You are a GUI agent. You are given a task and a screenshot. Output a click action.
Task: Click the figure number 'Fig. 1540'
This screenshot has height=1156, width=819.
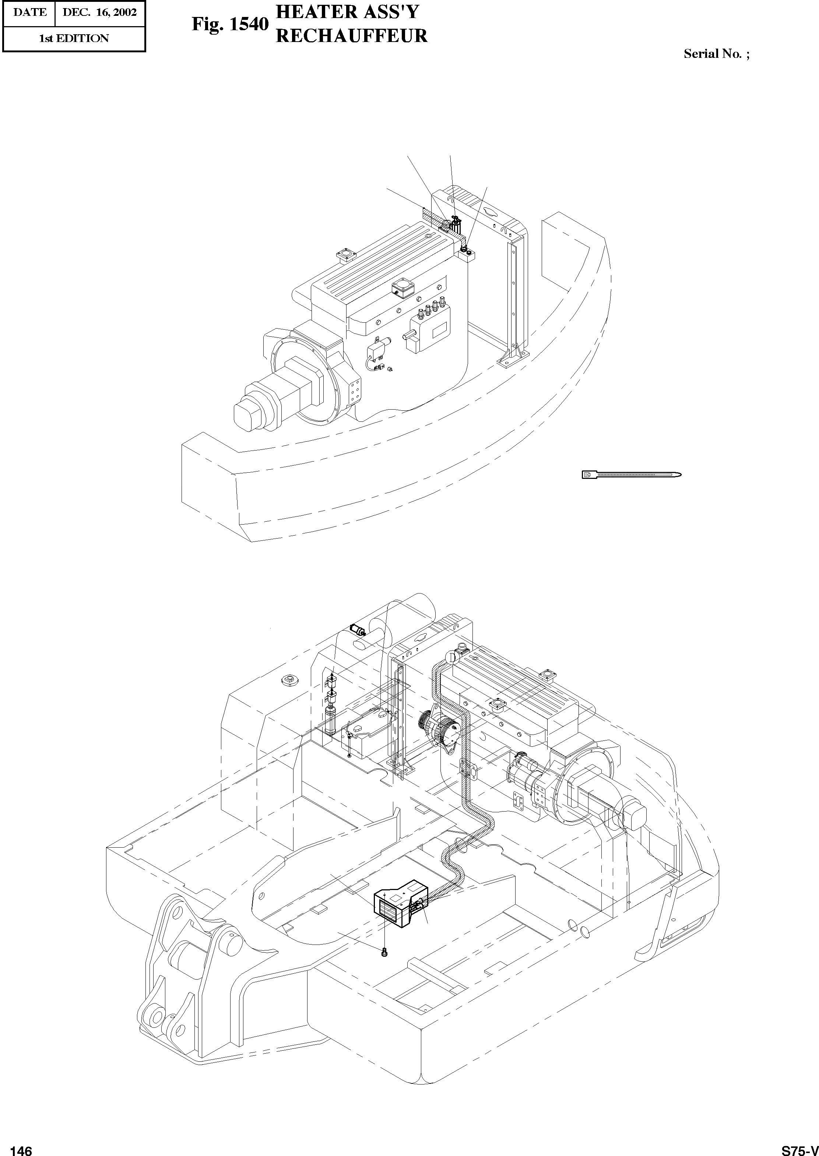[229, 24]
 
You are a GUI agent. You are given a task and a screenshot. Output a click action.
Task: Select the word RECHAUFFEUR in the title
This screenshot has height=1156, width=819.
[352, 35]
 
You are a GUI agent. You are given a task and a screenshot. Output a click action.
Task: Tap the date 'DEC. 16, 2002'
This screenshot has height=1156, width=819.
[99, 13]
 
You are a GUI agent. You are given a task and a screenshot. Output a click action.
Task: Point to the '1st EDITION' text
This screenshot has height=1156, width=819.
[74, 39]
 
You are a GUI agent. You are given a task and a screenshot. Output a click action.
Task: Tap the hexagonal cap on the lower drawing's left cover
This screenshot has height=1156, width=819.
[289, 680]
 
